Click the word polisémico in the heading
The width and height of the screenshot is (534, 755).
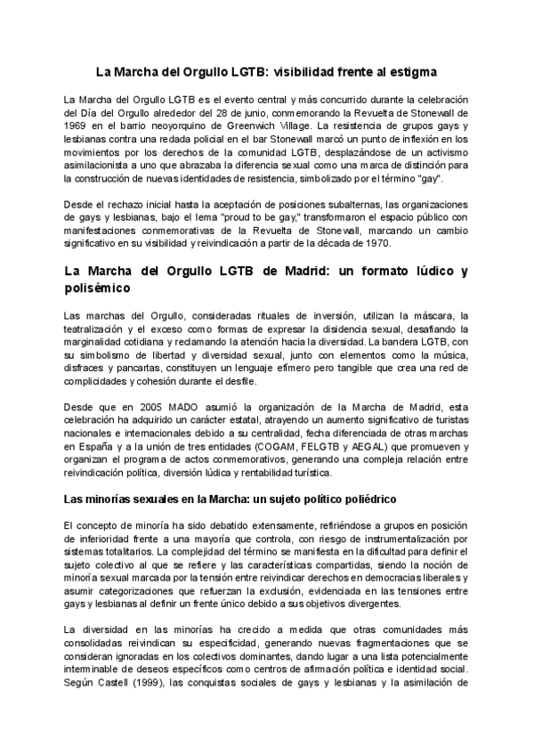pos(98,288)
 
